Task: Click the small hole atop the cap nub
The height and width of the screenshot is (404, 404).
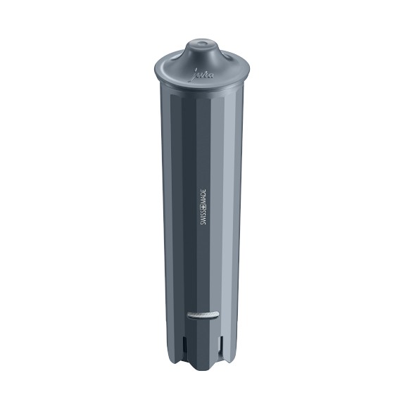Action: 203,44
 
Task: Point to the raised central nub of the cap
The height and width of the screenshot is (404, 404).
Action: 203,51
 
